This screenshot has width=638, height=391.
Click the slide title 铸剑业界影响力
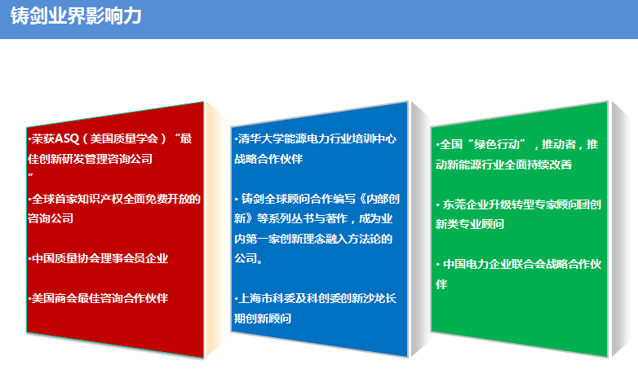click(76, 16)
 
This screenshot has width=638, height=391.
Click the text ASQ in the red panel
click(67, 138)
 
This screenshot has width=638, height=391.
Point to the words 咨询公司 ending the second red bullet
click(51, 218)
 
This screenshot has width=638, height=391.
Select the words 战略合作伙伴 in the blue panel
click(268, 159)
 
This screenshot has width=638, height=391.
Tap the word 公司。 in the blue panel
click(249, 258)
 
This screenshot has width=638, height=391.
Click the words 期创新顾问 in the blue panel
click(263, 319)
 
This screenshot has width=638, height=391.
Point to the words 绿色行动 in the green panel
click(497, 144)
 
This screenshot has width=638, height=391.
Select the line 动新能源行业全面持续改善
click(503, 165)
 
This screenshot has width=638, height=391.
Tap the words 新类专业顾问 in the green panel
click(470, 224)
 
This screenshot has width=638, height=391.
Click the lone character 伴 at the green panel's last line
click(441, 284)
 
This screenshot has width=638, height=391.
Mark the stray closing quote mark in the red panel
click(30, 176)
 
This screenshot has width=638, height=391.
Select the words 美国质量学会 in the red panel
click(124, 138)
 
